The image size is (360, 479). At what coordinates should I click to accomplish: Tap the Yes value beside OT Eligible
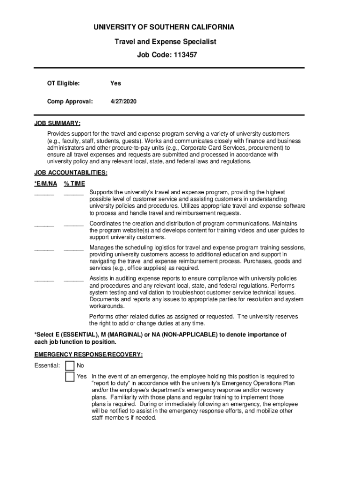[115, 83]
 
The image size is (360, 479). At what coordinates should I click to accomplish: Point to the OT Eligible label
[63, 83]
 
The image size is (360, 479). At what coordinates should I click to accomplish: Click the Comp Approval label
[70, 101]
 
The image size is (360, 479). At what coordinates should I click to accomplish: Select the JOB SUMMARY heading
[57, 123]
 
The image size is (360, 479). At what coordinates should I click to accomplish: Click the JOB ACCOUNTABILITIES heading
[71, 173]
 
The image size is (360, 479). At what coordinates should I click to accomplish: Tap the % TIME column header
[74, 184]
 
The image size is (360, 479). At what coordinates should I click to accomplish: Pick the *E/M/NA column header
[46, 184]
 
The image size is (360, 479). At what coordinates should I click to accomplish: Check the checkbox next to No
[70, 365]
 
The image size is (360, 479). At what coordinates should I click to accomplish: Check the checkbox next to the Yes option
[70, 377]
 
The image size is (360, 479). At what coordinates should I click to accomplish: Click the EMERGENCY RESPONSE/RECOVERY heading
[88, 355]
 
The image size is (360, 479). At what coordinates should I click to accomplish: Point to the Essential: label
[47, 365]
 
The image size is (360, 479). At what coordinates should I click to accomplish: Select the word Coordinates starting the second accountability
[106, 224]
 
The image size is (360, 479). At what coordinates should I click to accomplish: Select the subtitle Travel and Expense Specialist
[166, 42]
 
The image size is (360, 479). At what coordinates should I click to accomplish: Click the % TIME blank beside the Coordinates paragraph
[74, 225]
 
